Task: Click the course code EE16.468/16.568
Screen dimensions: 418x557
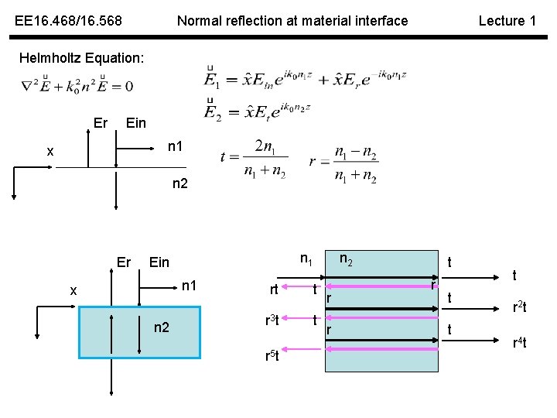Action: pos(68,21)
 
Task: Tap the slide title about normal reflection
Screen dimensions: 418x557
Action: pos(292,21)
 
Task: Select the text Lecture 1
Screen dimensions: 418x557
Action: pos(507,21)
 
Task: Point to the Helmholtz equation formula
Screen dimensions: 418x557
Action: pos(77,85)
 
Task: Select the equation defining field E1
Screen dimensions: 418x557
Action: pos(306,79)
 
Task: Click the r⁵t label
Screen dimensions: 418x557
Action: pos(272,357)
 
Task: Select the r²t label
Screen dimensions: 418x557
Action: pos(519,307)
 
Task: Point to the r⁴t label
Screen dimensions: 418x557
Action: pos(519,342)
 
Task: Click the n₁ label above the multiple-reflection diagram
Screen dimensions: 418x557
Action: pos(306,262)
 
